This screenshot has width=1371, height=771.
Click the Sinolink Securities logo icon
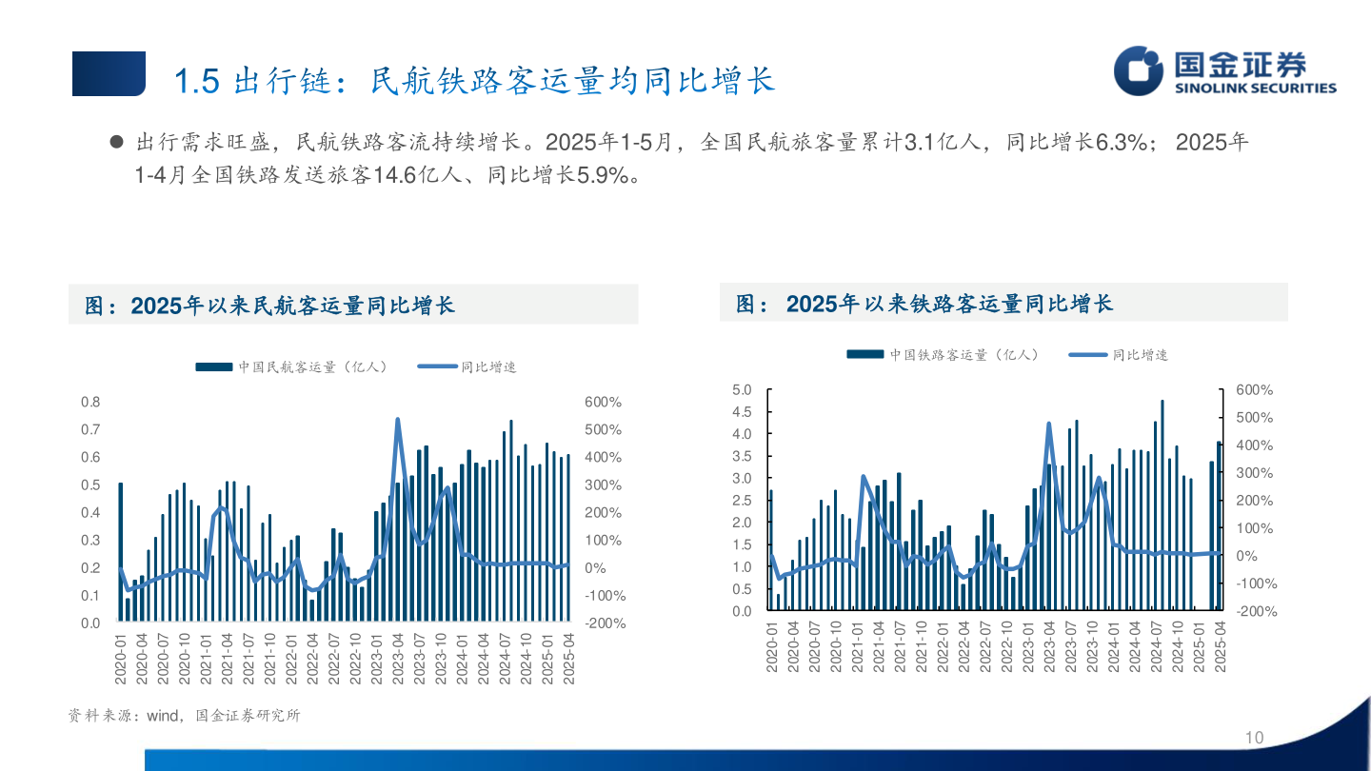coord(1139,70)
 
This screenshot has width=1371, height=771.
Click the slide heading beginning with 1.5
coord(474,81)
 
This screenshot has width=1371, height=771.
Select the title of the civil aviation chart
coord(270,306)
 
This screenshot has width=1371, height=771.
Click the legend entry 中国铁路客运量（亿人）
coord(944,354)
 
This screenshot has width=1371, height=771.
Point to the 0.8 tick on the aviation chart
coord(90,402)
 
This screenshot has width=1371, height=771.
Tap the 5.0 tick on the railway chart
coord(742,390)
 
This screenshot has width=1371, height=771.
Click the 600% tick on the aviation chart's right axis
coord(604,402)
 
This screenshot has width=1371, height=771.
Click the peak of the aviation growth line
coord(397,420)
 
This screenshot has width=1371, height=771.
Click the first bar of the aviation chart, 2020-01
coord(121,552)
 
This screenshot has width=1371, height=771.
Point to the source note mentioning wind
coord(184,716)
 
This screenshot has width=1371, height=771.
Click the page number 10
coord(1254,739)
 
